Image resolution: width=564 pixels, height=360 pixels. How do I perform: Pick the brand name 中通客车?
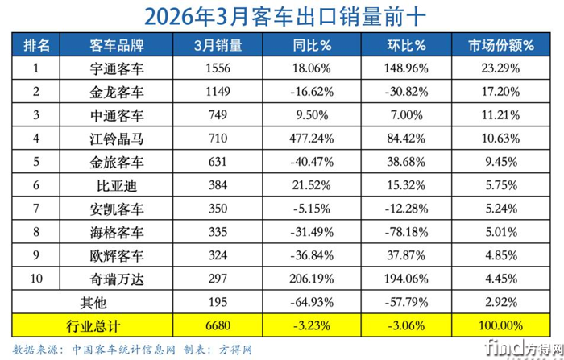pos(118,116)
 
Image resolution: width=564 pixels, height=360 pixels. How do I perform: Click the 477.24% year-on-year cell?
pos(311,139)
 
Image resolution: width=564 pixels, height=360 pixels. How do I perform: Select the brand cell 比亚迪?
pos(118,186)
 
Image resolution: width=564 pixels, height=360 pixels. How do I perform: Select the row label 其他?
pos(118,303)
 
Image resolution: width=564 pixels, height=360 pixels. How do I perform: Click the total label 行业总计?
pos(118,326)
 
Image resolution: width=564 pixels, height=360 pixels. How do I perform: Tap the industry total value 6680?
pos(218,326)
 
